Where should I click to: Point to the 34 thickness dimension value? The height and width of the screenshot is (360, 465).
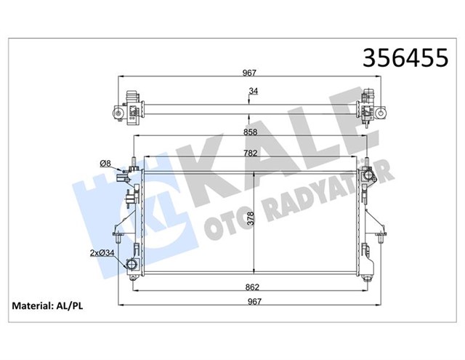[253, 91]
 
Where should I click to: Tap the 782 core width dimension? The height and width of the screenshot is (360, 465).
[249, 154]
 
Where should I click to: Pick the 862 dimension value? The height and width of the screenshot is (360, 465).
[249, 288]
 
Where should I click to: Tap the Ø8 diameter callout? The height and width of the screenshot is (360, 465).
[105, 164]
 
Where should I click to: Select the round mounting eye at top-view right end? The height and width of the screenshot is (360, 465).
[380, 113]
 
